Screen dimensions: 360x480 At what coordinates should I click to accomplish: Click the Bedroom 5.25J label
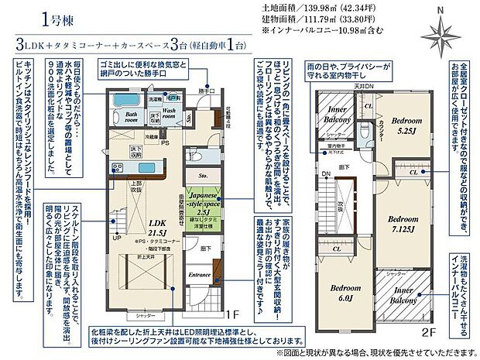click(405, 126)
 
